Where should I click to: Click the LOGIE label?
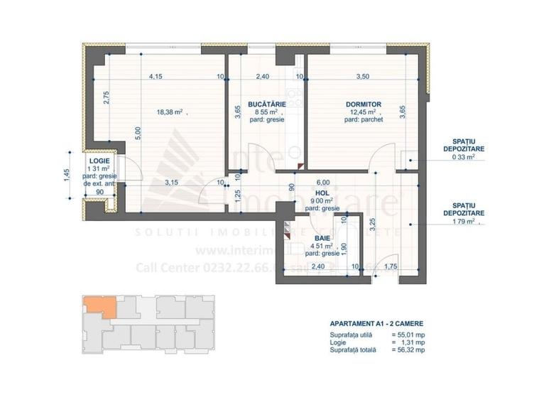(x=99, y=161)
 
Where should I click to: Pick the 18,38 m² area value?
(x=170, y=112)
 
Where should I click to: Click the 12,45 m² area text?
(x=361, y=112)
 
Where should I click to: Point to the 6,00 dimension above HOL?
(x=324, y=180)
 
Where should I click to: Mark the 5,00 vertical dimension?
(x=139, y=134)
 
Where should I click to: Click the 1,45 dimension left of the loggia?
(x=65, y=175)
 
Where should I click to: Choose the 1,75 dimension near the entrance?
(x=390, y=267)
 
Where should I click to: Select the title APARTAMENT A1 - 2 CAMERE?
(x=376, y=323)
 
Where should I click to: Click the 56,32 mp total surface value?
(x=408, y=350)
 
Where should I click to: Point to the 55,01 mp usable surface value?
(x=408, y=334)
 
